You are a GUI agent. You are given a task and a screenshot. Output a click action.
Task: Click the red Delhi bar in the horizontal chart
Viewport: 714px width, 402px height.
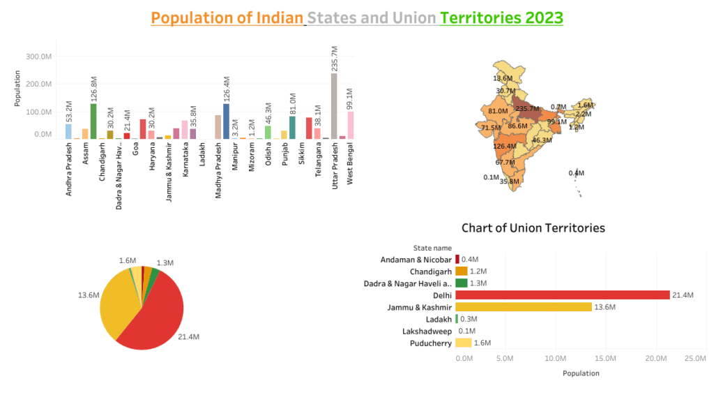(562, 295)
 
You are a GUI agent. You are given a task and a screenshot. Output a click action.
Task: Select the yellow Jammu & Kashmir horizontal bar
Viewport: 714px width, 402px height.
(523, 307)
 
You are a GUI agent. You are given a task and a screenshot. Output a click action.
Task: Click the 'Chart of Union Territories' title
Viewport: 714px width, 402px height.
(533, 228)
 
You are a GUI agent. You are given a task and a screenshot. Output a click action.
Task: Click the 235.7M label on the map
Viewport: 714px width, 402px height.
(526, 109)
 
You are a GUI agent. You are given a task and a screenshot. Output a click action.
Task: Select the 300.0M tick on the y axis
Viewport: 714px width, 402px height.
(39, 57)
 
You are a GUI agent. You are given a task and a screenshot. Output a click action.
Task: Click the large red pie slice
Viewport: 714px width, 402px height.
(158, 311)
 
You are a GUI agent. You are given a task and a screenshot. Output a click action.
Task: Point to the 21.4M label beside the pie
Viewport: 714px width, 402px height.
(188, 336)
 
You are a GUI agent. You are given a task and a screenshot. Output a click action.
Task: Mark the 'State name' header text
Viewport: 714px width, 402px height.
(432, 248)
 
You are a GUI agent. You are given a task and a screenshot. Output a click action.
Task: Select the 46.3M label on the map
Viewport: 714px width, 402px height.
(542, 140)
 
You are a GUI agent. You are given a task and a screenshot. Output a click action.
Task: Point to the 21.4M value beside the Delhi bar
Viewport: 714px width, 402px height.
(683, 295)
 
